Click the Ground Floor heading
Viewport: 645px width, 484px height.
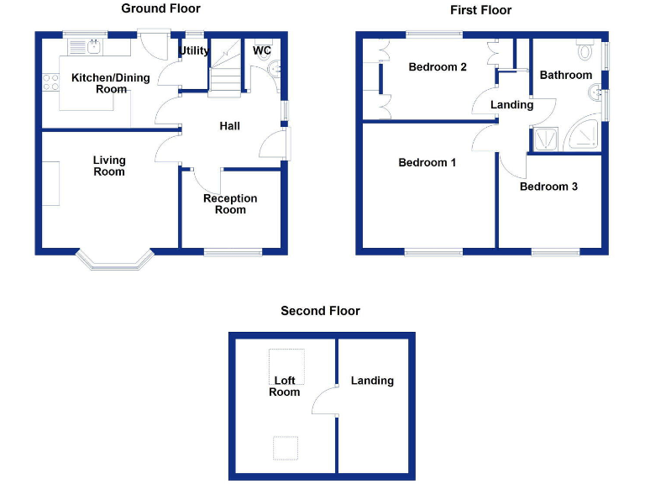point(161,8)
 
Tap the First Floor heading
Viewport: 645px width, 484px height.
point(481,10)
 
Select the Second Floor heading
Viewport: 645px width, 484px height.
point(321,311)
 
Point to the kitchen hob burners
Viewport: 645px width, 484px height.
point(50,82)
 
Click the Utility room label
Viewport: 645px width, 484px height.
point(194,50)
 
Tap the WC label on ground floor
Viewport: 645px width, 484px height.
point(262,50)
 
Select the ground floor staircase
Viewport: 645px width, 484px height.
point(224,68)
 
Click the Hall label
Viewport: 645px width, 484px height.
point(229,126)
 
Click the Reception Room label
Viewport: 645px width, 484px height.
point(230,204)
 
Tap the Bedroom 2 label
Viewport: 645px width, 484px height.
point(438,67)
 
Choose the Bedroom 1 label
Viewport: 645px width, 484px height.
point(427,162)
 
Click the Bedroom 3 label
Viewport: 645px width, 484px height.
point(548,187)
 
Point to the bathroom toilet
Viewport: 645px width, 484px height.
point(585,50)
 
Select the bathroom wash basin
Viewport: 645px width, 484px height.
point(595,92)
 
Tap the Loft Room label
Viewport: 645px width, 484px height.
point(284,386)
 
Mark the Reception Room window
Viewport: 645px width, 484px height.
point(233,252)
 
